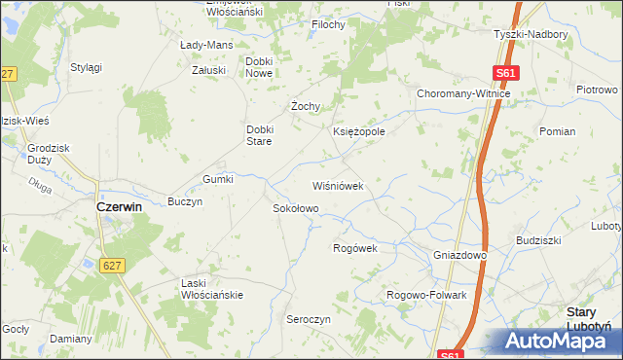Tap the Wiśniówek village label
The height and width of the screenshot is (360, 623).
[x=337, y=185]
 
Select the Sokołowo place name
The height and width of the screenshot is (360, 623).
[x=294, y=208]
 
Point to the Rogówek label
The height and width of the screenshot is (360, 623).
[x=354, y=248]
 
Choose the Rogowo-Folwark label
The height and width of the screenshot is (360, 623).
[x=426, y=295]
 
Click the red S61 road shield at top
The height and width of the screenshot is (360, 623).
[x=505, y=72]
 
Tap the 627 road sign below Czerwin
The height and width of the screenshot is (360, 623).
[x=112, y=265]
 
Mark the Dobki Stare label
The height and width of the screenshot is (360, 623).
[x=263, y=135]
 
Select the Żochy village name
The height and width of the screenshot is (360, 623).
[x=306, y=106]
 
